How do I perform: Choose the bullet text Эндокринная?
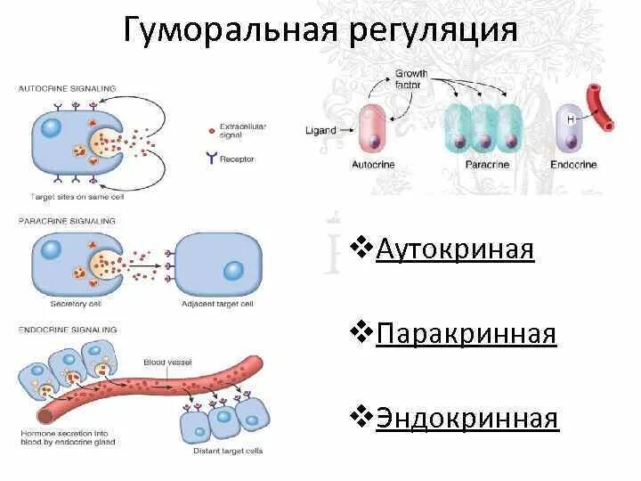(x=467, y=419)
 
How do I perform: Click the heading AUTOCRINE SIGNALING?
(x=67, y=88)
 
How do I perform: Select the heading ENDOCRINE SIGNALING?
(x=67, y=330)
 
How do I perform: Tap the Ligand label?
(x=320, y=130)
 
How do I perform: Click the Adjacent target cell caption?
(x=217, y=303)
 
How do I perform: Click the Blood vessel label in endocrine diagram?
(x=164, y=363)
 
